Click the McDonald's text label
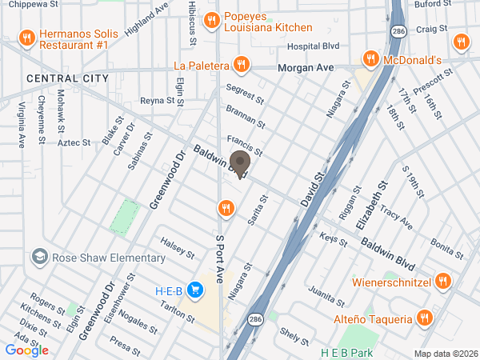click(x=413, y=60)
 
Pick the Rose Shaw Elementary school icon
click(x=38, y=258)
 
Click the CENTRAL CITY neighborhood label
click(x=67, y=78)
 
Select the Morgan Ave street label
click(x=305, y=69)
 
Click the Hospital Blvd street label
click(x=314, y=46)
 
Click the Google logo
click(x=27, y=350)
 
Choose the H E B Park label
click(x=347, y=352)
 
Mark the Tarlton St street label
click(x=178, y=311)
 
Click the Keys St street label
click(x=329, y=238)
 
